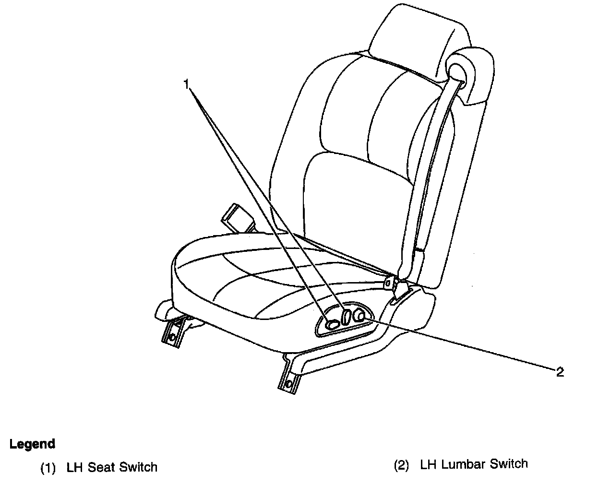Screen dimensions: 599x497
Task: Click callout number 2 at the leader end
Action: coord(560,372)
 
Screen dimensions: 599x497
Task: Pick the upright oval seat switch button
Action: coord(346,317)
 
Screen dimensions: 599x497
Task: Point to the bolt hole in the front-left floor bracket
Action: coord(171,337)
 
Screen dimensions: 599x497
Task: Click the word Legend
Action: coord(32,444)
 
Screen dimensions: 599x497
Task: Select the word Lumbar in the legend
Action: coord(463,464)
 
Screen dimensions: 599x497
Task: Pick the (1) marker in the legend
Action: coord(48,467)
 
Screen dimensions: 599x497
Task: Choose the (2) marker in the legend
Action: coord(401,465)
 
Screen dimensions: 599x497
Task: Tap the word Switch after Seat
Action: coord(138,467)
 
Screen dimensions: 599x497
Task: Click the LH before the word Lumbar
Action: coord(428,464)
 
